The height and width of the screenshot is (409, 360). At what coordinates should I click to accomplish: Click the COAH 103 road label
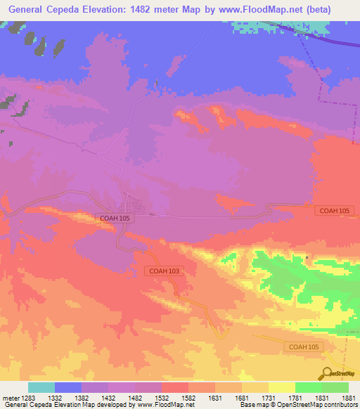pyautogui.click(x=165, y=271)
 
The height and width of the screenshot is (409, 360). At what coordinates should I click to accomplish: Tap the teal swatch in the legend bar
pyautogui.click(x=41, y=387)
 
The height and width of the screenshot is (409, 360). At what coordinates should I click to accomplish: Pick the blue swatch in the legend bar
pyautogui.click(x=68, y=387)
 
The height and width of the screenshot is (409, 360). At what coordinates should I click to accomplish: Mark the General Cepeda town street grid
pyautogui.click(x=136, y=206)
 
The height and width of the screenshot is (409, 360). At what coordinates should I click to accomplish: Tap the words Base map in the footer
pyautogui.click(x=254, y=405)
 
